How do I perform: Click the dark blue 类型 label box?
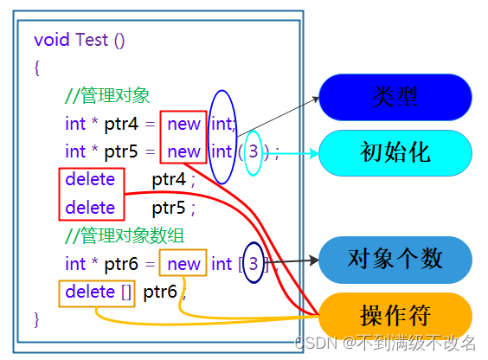tap(395, 97)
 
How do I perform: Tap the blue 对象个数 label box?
tap(395, 259)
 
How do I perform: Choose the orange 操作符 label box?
tap(395, 314)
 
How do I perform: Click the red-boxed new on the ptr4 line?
tap(183, 124)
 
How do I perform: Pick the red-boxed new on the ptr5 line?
tap(183, 152)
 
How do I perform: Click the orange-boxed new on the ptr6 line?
tap(183, 264)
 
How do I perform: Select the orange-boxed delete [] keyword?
tap(98, 292)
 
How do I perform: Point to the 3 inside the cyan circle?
tap(253, 152)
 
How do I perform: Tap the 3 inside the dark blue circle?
tap(253, 263)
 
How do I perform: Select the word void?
tap(52, 40)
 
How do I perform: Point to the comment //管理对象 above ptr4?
tap(107, 95)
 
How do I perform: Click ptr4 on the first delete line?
tap(169, 180)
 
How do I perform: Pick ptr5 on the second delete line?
tap(169, 208)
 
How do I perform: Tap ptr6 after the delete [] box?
tap(160, 292)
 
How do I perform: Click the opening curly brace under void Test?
tap(37, 67)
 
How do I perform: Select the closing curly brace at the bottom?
tap(37, 319)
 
